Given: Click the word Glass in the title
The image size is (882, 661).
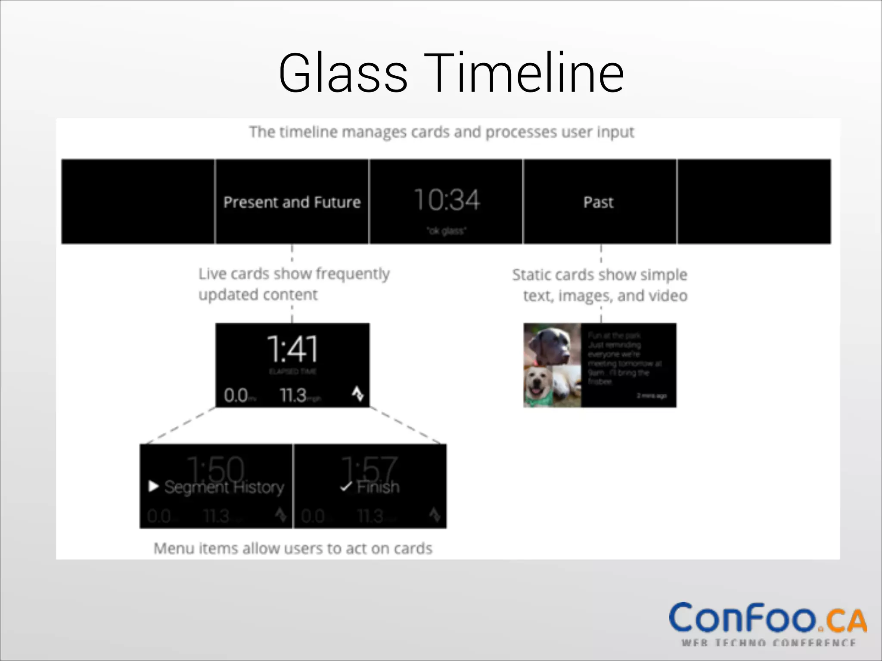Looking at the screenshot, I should pos(343,73).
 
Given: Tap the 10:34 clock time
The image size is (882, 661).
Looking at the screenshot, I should pos(447,200).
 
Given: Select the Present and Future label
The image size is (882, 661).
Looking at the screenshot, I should pos(292,202).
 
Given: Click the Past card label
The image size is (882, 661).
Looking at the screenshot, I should pos(598,202).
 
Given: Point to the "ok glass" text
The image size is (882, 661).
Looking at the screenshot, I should pos(447,231).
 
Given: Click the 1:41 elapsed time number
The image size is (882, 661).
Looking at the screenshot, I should pos(292,349).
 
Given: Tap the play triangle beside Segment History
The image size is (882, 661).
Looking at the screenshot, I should pos(153,486).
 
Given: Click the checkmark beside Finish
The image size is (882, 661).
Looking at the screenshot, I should pos(346,487).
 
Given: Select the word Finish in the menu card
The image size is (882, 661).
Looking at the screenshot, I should pos(378,487).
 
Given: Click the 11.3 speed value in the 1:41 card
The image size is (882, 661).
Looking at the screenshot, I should pos(293,395).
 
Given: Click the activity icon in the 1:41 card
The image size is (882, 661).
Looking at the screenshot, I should pos(358,394).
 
